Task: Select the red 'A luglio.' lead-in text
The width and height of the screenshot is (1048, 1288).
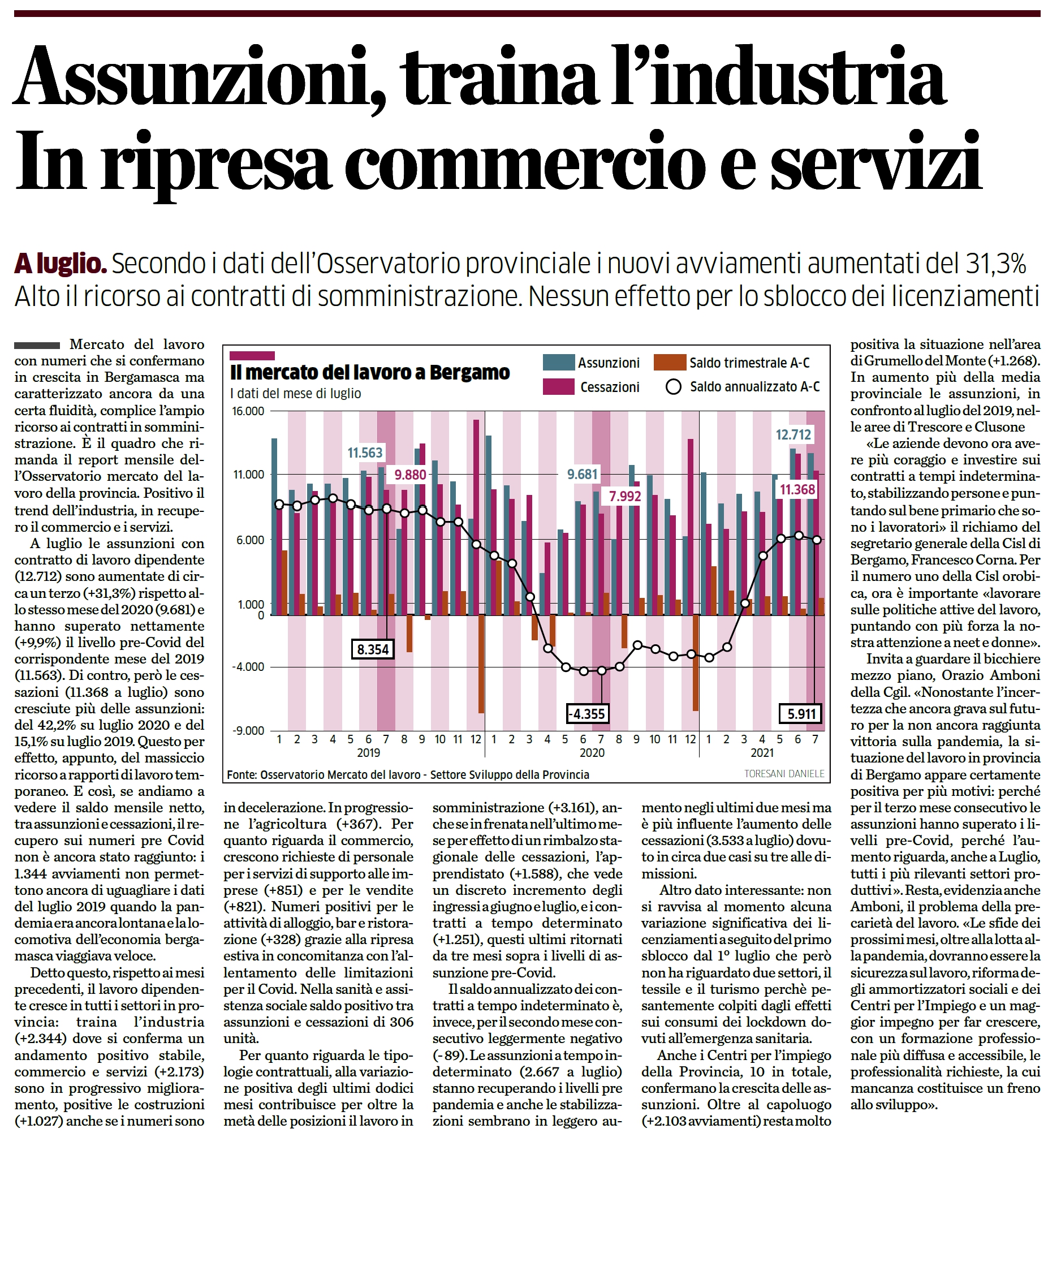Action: tap(61, 264)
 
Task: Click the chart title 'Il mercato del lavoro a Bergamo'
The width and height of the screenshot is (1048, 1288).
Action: tap(369, 373)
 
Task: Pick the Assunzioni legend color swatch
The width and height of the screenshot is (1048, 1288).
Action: tap(558, 363)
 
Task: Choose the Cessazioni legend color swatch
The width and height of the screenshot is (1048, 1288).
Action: tap(558, 386)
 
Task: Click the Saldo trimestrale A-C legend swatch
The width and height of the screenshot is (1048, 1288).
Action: tap(670, 363)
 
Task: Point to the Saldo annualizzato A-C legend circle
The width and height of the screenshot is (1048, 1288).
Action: tap(673, 387)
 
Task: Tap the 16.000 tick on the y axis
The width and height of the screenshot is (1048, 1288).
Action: tap(249, 411)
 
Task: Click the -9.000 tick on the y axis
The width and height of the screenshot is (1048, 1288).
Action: tap(249, 731)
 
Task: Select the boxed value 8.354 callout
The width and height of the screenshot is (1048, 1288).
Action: tap(373, 650)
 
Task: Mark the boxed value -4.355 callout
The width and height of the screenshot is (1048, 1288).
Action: tap(587, 714)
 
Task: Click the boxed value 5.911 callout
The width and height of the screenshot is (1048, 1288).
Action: tap(801, 714)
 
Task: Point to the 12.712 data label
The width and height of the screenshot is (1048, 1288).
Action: tap(793, 434)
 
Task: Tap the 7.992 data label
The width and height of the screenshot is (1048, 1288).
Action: tap(625, 496)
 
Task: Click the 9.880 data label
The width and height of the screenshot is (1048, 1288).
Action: tap(411, 475)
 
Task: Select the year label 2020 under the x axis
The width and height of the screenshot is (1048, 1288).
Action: tap(592, 753)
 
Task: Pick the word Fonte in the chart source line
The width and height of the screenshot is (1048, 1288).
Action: tap(241, 775)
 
